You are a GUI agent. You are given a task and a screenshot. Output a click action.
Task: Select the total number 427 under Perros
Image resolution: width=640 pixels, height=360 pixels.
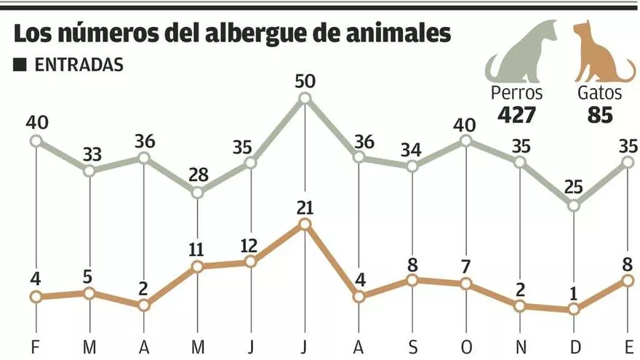pos(516,115)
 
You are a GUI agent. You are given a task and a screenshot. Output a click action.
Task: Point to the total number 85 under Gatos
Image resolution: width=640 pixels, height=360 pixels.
pos(597,115)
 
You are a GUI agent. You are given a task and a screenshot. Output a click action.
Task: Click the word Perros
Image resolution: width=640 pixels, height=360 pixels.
pos(516,93)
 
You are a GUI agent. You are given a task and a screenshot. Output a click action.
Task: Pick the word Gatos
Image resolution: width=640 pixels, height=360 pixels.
pos(599,93)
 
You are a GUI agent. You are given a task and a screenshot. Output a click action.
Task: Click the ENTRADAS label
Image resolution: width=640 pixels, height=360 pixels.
pos(79,64)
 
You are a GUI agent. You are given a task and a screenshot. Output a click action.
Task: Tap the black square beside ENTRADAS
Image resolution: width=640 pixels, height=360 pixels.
pos(20,65)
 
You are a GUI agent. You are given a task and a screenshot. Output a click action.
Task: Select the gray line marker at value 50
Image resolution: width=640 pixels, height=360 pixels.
pos(305,98)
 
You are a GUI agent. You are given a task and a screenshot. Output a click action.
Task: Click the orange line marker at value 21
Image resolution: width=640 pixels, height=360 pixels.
pos(305,225)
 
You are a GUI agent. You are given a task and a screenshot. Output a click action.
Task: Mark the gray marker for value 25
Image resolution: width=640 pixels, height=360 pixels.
pos(574,206)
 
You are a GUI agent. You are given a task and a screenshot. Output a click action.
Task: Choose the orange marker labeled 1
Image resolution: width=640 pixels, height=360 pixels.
pos(574,309)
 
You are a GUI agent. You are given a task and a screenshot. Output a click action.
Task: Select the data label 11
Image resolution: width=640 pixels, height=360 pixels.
pos(197,249)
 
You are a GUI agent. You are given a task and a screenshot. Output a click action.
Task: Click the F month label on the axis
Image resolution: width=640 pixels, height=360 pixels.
pos(36,345)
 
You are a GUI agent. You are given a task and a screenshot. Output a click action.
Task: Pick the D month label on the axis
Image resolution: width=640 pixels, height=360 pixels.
pos(574,345)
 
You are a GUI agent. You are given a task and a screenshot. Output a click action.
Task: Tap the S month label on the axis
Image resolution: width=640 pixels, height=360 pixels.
pos(412,345)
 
